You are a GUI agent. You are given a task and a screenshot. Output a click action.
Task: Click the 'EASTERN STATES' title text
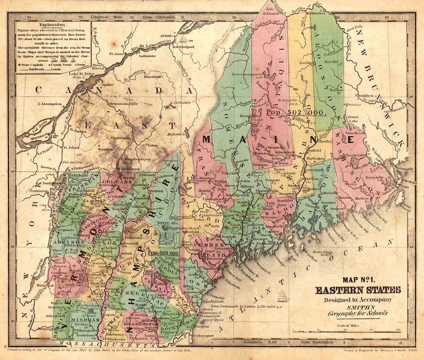pos(358,290)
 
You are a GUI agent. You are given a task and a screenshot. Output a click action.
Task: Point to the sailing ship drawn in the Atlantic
pos(283,297)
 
